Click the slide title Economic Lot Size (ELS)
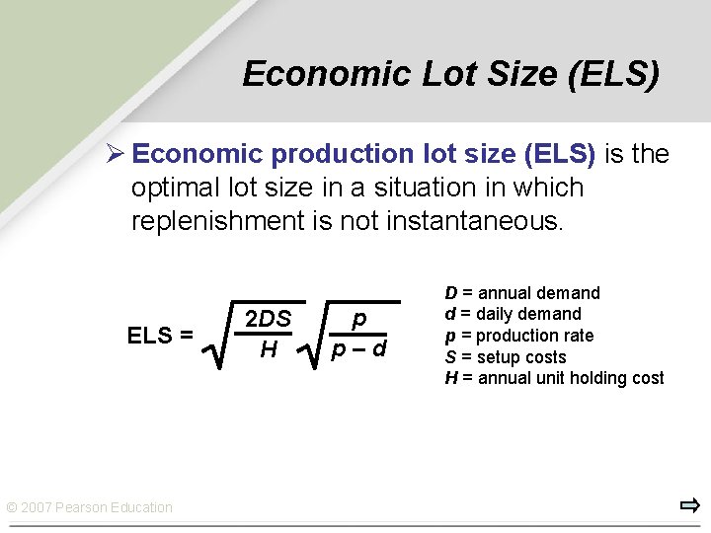(450, 74)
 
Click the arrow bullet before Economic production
(115, 154)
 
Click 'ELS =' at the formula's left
(160, 336)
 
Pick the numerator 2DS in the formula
(268, 319)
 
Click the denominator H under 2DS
(268, 348)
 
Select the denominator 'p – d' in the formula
(358, 348)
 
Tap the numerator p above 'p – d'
(359, 319)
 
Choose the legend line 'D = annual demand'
(522, 293)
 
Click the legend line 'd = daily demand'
(513, 314)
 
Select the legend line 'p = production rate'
(519, 336)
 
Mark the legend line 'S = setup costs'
(506, 357)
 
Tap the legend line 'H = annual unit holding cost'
(554, 378)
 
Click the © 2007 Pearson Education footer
(90, 507)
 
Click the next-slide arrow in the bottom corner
(689, 506)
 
